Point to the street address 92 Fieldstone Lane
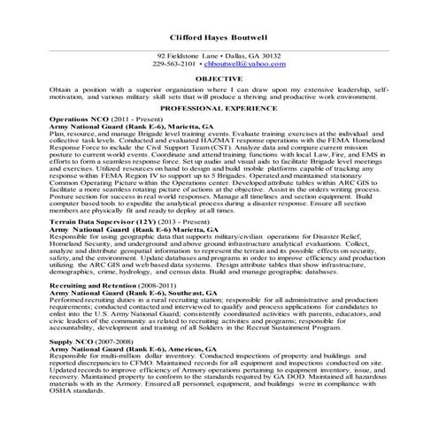coord(186,55)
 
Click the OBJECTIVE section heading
coord(219,79)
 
